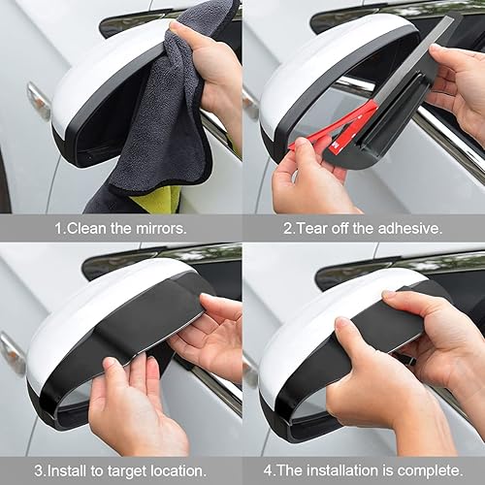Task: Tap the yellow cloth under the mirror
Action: click(155, 199)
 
